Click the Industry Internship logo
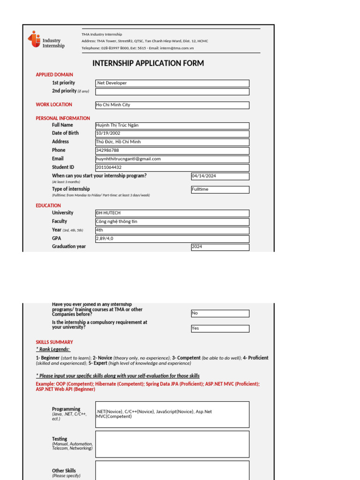46,40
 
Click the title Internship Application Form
148,63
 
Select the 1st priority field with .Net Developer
172,83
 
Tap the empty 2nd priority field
172,91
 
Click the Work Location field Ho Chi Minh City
172,105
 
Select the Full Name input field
172,126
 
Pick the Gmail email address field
172,159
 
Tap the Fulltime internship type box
220,189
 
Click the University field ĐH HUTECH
172,213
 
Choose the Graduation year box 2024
220,247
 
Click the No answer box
220,313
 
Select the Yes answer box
220,329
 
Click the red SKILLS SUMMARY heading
54,342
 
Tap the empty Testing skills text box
172,444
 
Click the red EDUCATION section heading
48,205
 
